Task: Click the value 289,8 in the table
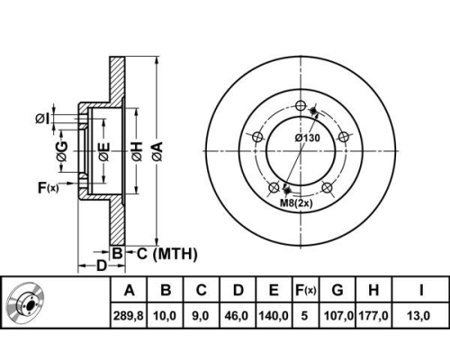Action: pyautogui.click(x=129, y=316)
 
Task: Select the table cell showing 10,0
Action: pyautogui.click(x=165, y=316)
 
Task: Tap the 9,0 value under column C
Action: pyautogui.click(x=201, y=316)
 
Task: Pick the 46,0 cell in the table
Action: pyautogui.click(x=238, y=316)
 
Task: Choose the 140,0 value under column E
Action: pyautogui.click(x=274, y=316)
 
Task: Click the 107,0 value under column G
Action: pyautogui.click(x=338, y=316)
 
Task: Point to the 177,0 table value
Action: pyautogui.click(x=373, y=316)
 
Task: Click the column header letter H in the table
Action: pyautogui.click(x=373, y=290)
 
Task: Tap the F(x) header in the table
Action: pyautogui.click(x=305, y=290)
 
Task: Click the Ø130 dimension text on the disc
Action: pyautogui.click(x=308, y=138)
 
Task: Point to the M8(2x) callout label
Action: pyautogui.click(x=296, y=203)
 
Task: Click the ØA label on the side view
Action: pyautogui.click(x=157, y=151)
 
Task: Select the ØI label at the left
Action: pyautogui.click(x=42, y=119)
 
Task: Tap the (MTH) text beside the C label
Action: pyautogui.click(x=175, y=254)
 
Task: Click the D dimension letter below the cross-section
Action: pyautogui.click(x=102, y=265)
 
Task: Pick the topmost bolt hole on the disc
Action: pyautogui.click(x=301, y=105)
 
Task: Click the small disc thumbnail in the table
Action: pyautogui.click(x=26, y=301)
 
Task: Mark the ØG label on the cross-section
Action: pyautogui.click(x=62, y=151)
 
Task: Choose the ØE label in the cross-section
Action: pyautogui.click(x=103, y=151)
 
